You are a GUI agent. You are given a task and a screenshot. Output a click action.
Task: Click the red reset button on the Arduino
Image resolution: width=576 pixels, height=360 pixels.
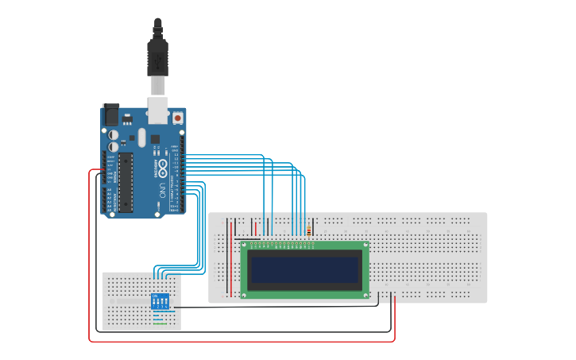[x=176, y=118]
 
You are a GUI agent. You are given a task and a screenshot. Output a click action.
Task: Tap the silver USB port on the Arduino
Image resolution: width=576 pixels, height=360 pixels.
[x=158, y=110]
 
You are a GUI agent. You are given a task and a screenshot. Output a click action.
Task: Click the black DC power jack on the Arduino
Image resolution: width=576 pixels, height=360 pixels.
[x=110, y=114]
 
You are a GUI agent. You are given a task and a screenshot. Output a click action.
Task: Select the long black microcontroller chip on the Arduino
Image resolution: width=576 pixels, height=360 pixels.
[x=126, y=181]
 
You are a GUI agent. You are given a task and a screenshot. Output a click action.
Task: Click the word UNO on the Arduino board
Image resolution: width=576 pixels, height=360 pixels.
[x=162, y=190]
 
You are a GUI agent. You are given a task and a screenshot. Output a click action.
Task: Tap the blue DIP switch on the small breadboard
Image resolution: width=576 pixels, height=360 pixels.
[x=160, y=302]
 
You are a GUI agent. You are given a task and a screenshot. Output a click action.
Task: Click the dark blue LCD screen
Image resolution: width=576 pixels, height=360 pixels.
[x=304, y=270]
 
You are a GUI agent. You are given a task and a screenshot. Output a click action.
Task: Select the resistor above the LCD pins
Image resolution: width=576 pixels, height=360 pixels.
[x=308, y=231]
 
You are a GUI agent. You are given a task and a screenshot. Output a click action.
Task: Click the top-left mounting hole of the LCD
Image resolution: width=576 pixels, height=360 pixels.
[x=245, y=246]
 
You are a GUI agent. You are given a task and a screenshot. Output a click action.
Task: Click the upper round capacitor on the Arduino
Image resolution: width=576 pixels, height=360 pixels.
[x=114, y=136]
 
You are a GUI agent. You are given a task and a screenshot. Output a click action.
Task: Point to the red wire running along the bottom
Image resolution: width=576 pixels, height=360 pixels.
[x=238, y=341]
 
